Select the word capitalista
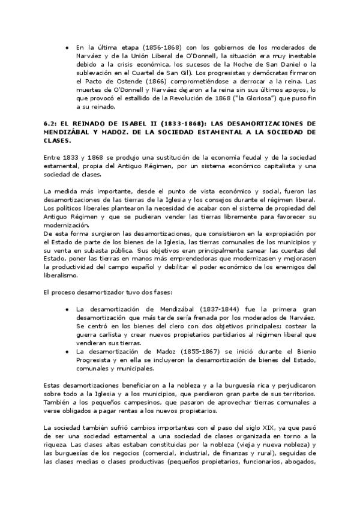point(280,167)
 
